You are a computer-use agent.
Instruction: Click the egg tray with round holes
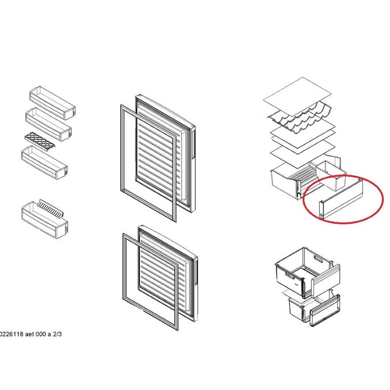(40, 140)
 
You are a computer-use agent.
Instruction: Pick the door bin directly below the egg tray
(44, 162)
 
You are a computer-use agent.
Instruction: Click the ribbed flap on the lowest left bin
(51, 209)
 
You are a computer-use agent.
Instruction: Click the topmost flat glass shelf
(297, 97)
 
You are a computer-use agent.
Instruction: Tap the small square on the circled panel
(321, 214)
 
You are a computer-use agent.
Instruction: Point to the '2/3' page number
(57, 334)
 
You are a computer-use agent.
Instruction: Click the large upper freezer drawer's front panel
(326, 281)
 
